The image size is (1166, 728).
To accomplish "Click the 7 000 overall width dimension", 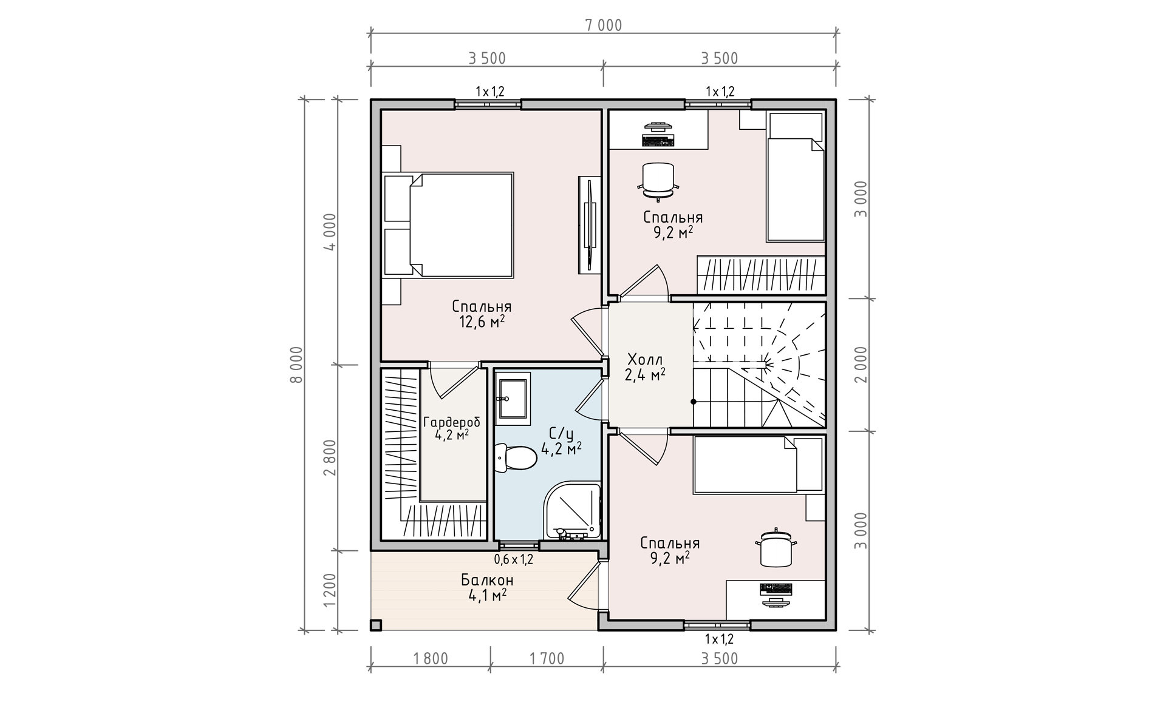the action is [604, 25].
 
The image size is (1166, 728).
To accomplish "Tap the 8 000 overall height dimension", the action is [296, 365].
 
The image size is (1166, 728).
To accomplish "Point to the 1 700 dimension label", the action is [547, 658].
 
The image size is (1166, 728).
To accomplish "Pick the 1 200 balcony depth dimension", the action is [330, 590].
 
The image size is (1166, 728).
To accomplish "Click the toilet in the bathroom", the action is [516, 457].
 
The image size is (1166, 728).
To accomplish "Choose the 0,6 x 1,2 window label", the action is [513, 559].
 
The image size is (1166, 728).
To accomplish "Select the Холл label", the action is [645, 359].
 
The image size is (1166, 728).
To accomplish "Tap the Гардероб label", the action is [451, 422].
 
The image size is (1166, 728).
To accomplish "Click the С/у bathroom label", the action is [561, 434].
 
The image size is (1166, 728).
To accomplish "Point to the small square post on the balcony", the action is [376, 625].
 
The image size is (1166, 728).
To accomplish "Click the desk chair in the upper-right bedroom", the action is [658, 181].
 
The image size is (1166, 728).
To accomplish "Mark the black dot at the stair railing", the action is [694, 402].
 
